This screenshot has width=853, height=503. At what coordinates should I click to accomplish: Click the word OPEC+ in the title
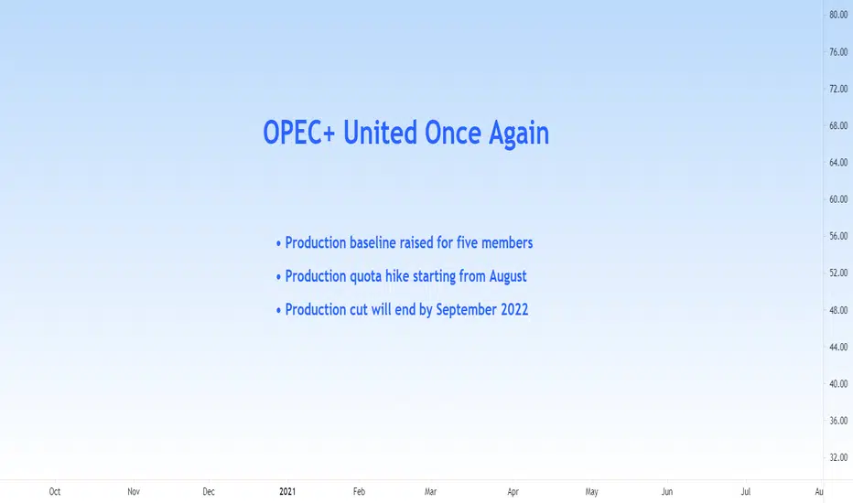click(299, 133)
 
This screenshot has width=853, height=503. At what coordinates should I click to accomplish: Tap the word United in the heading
click(380, 133)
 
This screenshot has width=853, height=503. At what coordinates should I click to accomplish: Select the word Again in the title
click(518, 134)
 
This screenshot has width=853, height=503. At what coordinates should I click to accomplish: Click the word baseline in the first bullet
click(373, 242)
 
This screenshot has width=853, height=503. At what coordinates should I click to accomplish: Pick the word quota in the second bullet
click(365, 277)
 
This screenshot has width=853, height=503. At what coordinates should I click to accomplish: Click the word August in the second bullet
click(508, 277)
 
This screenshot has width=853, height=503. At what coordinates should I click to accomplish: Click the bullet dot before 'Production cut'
click(278, 311)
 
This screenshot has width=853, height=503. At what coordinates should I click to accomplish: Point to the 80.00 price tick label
click(838, 15)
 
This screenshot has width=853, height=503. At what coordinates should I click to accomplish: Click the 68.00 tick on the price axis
click(838, 125)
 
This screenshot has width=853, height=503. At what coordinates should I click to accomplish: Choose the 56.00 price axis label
click(838, 236)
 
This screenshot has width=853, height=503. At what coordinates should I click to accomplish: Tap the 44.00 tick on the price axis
click(838, 347)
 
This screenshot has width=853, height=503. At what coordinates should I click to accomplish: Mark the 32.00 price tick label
click(838, 457)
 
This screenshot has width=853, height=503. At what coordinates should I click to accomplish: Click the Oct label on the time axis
click(54, 492)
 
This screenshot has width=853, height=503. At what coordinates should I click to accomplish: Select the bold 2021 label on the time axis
click(287, 492)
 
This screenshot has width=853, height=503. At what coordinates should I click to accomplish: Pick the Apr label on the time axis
click(513, 492)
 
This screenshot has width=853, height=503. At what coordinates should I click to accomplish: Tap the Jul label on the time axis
click(745, 492)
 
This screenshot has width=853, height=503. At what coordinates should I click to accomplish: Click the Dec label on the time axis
click(209, 492)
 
